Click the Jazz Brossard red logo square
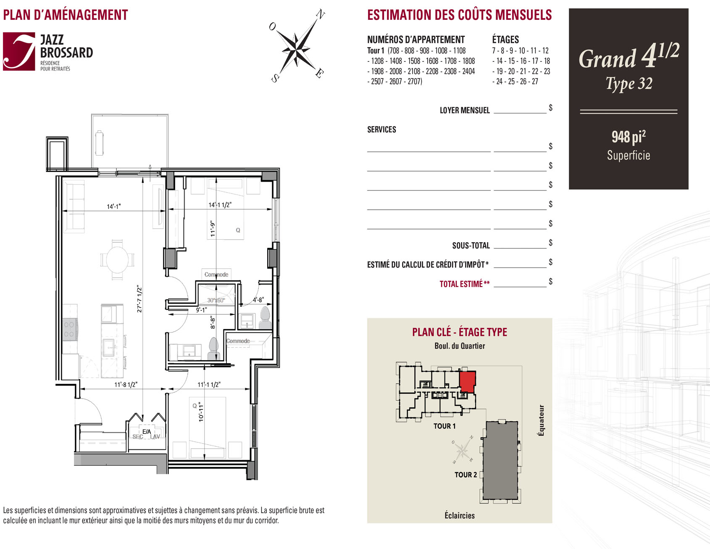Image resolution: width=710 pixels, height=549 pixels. [x=19, y=51]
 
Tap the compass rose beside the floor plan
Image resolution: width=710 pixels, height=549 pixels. [x=297, y=45]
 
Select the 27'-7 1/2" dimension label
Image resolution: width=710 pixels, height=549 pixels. [x=139, y=299]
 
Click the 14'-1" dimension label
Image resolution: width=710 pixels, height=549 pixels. [x=113, y=206]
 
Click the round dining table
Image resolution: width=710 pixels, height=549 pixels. [x=118, y=259]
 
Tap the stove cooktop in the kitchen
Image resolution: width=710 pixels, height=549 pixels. [x=69, y=329]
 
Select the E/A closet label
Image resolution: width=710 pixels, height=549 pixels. [x=146, y=432]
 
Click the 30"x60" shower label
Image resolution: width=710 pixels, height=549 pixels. [x=216, y=300]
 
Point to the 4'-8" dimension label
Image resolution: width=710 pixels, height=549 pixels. [x=258, y=300]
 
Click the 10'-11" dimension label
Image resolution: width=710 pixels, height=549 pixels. [x=201, y=412]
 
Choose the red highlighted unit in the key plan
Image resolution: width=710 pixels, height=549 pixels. [x=467, y=382]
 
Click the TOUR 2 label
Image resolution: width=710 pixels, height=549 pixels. [x=465, y=475]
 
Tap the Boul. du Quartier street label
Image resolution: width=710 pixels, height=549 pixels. [x=460, y=346]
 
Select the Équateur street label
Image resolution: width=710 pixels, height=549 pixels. [x=542, y=420]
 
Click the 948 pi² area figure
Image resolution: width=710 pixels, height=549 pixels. [x=628, y=137]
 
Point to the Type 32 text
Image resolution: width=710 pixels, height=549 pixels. [x=629, y=84]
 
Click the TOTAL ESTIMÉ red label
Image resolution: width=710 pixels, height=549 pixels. [x=465, y=284]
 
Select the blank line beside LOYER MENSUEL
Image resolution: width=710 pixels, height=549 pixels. [x=520, y=113]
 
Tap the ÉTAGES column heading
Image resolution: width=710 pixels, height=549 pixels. [x=505, y=40]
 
